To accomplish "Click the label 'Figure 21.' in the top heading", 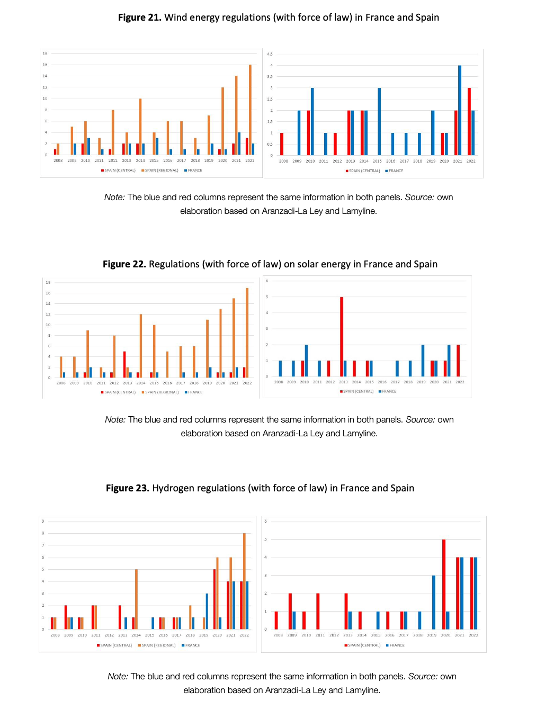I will point(139,17).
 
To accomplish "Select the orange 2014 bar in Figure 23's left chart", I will point(136,599).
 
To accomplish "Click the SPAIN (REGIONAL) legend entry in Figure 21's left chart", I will point(160,170).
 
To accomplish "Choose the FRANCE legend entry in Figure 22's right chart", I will point(388,391).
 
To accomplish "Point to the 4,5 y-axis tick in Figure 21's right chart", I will point(270,54).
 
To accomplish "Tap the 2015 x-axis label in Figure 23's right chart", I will point(376,635).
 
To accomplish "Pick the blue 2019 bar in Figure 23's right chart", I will point(434,602).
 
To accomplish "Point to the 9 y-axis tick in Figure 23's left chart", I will point(43,521).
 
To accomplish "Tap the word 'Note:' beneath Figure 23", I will point(118,676).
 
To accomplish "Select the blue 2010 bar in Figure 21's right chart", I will point(312,121).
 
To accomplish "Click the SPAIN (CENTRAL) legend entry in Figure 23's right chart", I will point(363,645).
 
